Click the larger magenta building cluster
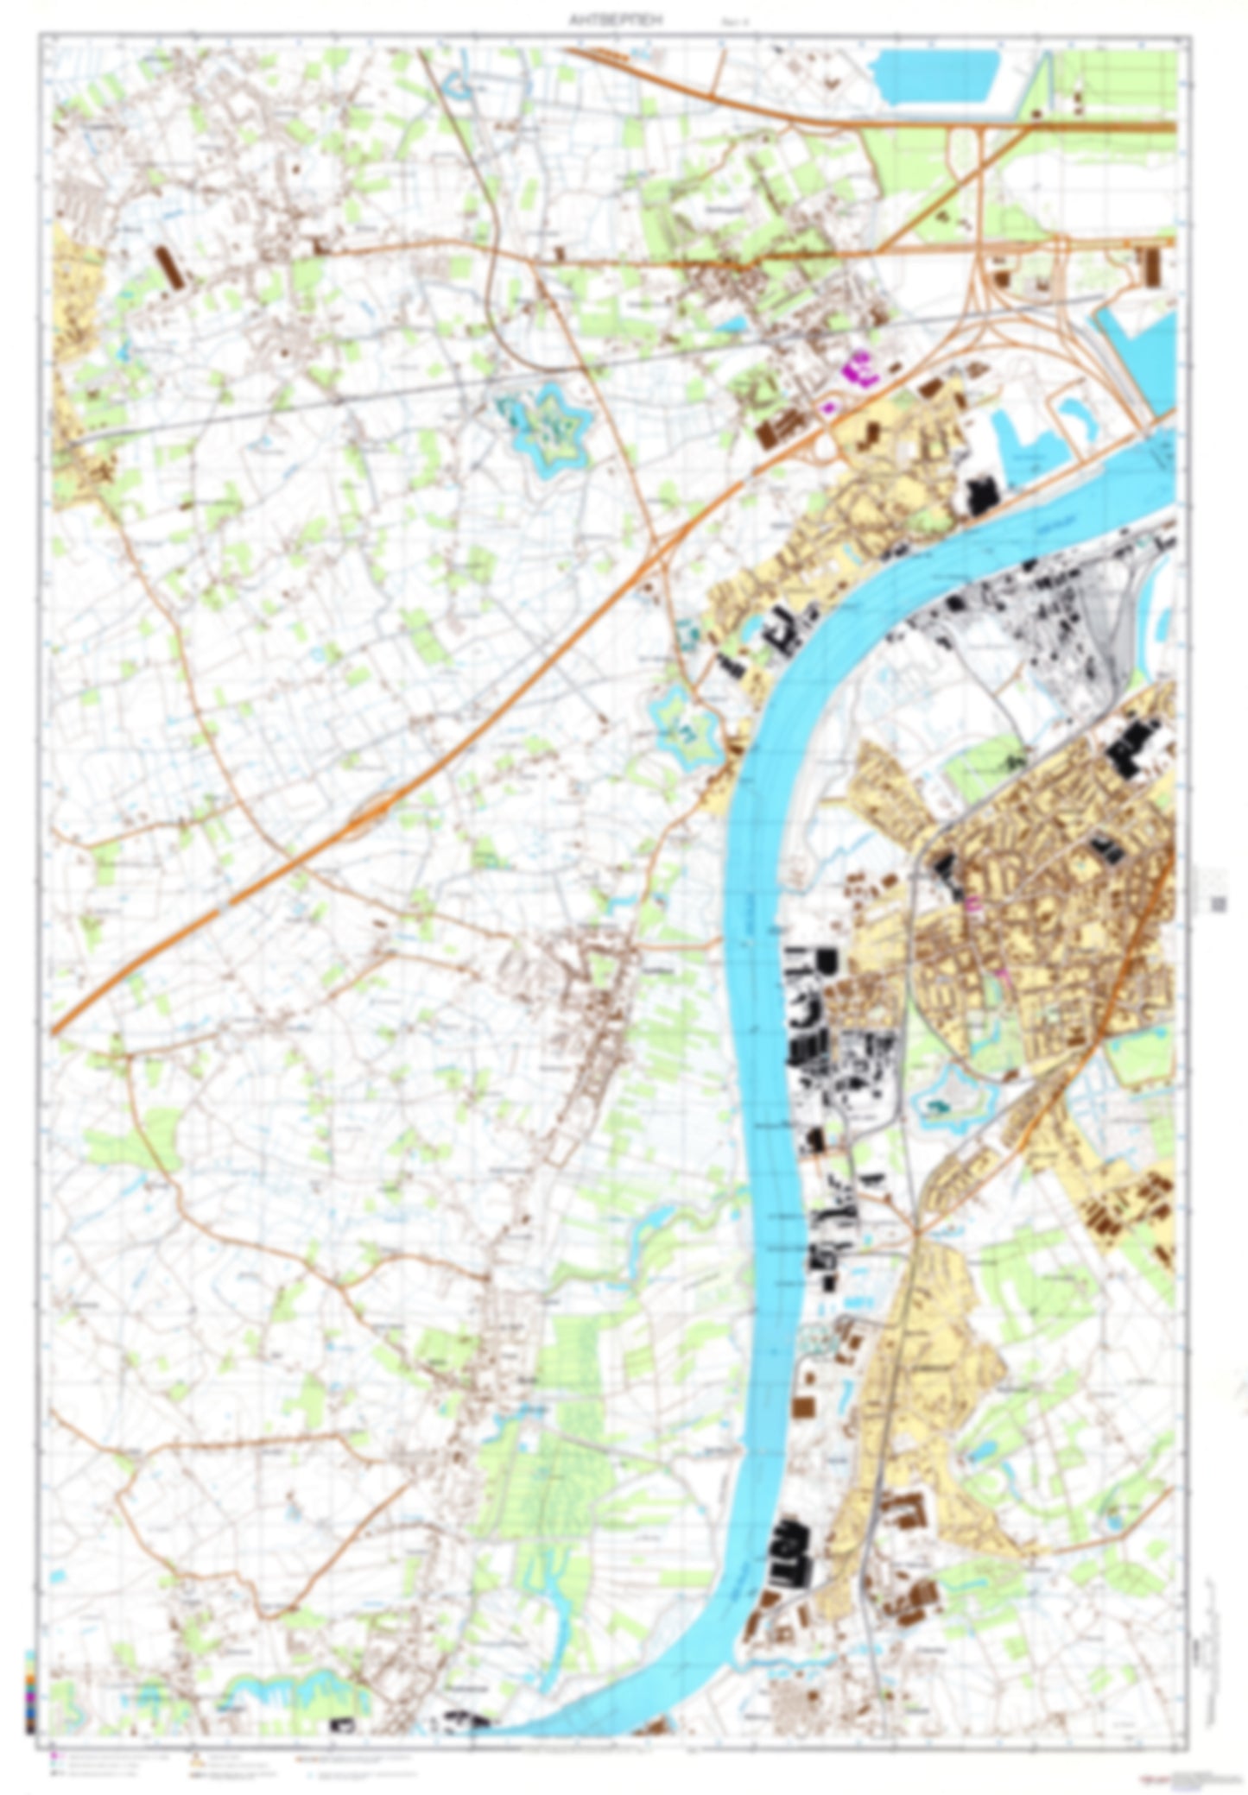(x=864, y=369)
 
